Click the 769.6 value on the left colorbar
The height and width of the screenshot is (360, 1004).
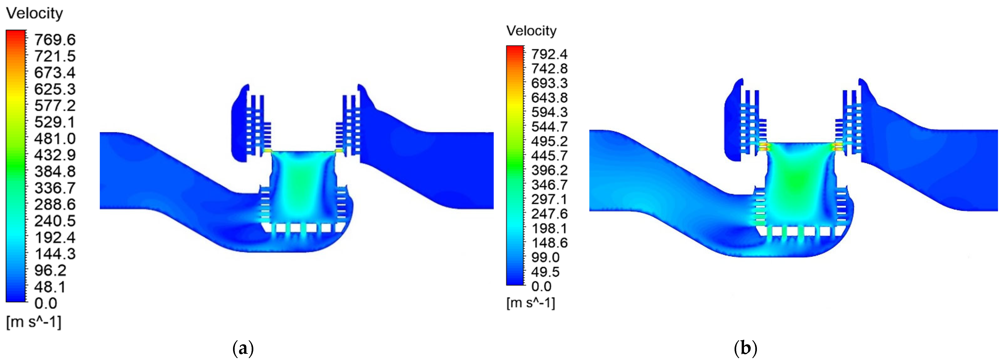(55, 40)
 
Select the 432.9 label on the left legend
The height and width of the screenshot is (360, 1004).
(55, 155)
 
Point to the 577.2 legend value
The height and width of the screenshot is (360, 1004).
(55, 106)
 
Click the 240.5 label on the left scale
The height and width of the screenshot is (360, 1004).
(55, 221)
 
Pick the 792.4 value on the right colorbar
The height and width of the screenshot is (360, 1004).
(549, 54)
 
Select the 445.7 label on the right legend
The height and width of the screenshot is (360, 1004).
(549, 156)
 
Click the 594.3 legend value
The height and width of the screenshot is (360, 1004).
(549, 112)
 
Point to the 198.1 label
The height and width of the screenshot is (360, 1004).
(549, 228)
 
